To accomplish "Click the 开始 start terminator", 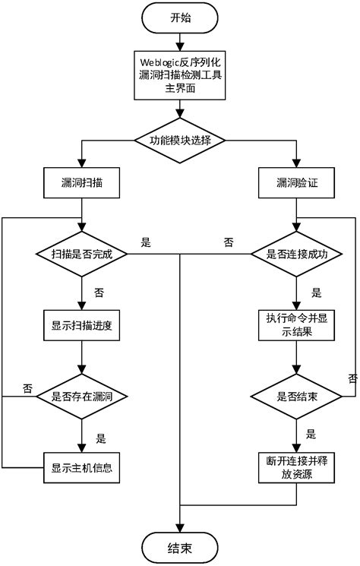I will point(180,18).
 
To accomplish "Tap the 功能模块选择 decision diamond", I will point(180,141).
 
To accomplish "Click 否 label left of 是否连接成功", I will point(228,242).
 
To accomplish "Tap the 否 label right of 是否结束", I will point(352,378).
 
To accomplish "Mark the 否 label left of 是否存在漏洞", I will point(27,387).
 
